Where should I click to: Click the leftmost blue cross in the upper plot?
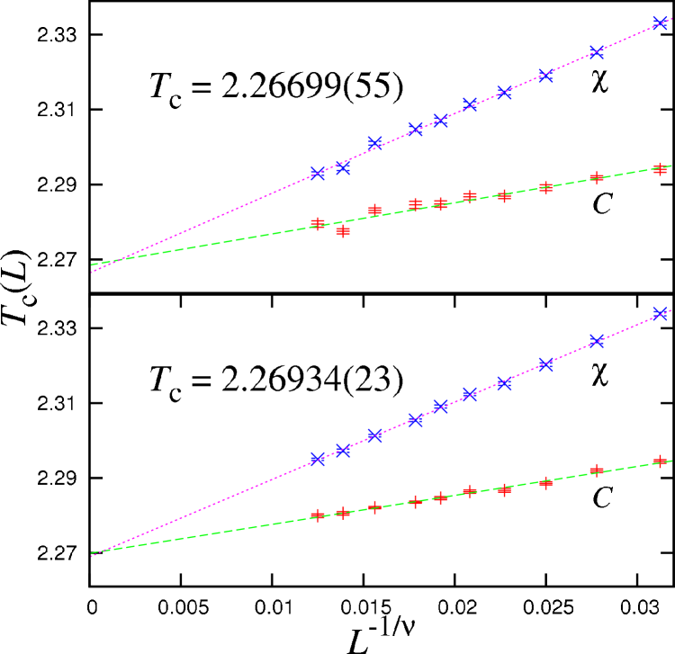click(318, 174)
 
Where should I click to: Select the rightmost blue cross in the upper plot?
click(660, 22)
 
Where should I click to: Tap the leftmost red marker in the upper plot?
click(318, 222)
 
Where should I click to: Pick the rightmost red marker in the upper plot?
click(660, 168)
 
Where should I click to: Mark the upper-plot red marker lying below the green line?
click(343, 231)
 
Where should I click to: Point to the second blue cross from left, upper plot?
click(343, 168)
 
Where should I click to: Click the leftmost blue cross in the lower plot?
click(318, 459)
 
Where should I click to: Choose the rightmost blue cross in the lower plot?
click(660, 313)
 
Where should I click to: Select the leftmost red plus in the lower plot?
click(318, 515)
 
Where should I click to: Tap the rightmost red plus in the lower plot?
click(660, 461)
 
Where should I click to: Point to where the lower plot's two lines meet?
click(94, 553)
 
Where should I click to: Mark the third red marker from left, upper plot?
click(375, 210)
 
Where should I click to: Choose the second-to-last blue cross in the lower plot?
click(597, 341)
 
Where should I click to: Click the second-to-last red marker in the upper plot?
click(597, 178)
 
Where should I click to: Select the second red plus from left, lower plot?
click(343, 513)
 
